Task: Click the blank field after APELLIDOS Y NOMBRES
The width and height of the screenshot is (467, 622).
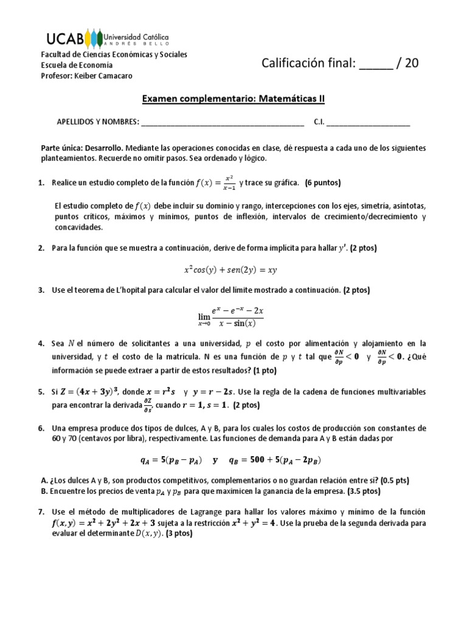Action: tap(223, 121)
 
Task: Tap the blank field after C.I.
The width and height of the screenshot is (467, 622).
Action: tap(368, 121)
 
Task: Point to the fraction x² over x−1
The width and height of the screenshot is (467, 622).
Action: tap(228, 182)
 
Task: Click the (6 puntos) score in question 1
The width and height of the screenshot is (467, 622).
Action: tap(323, 183)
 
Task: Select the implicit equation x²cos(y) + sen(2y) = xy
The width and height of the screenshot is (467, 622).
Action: tap(234, 270)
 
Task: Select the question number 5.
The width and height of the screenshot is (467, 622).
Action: tap(41, 392)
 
